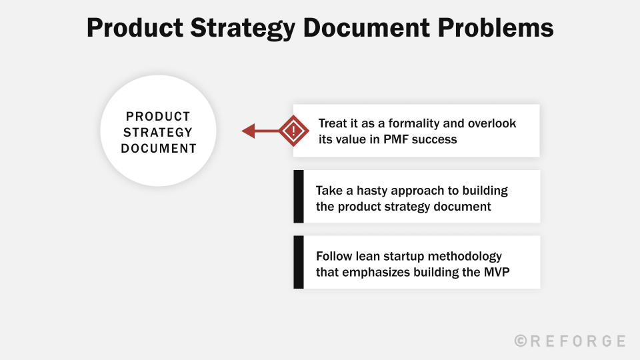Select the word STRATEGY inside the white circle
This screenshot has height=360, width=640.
click(158, 132)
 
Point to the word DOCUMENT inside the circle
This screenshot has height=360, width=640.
click(159, 148)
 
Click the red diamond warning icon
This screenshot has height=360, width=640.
click(292, 131)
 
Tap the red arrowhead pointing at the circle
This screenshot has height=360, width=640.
click(249, 131)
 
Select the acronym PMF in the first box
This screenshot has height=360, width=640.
click(395, 139)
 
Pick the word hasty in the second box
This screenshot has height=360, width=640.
click(366, 190)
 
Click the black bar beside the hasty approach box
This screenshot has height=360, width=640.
click(298, 197)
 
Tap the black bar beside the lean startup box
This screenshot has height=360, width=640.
click(298, 262)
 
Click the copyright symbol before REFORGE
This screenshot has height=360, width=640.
click(521, 341)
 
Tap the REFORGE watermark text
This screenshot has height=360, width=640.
click(578, 341)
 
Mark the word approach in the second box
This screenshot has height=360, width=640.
click(425, 190)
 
